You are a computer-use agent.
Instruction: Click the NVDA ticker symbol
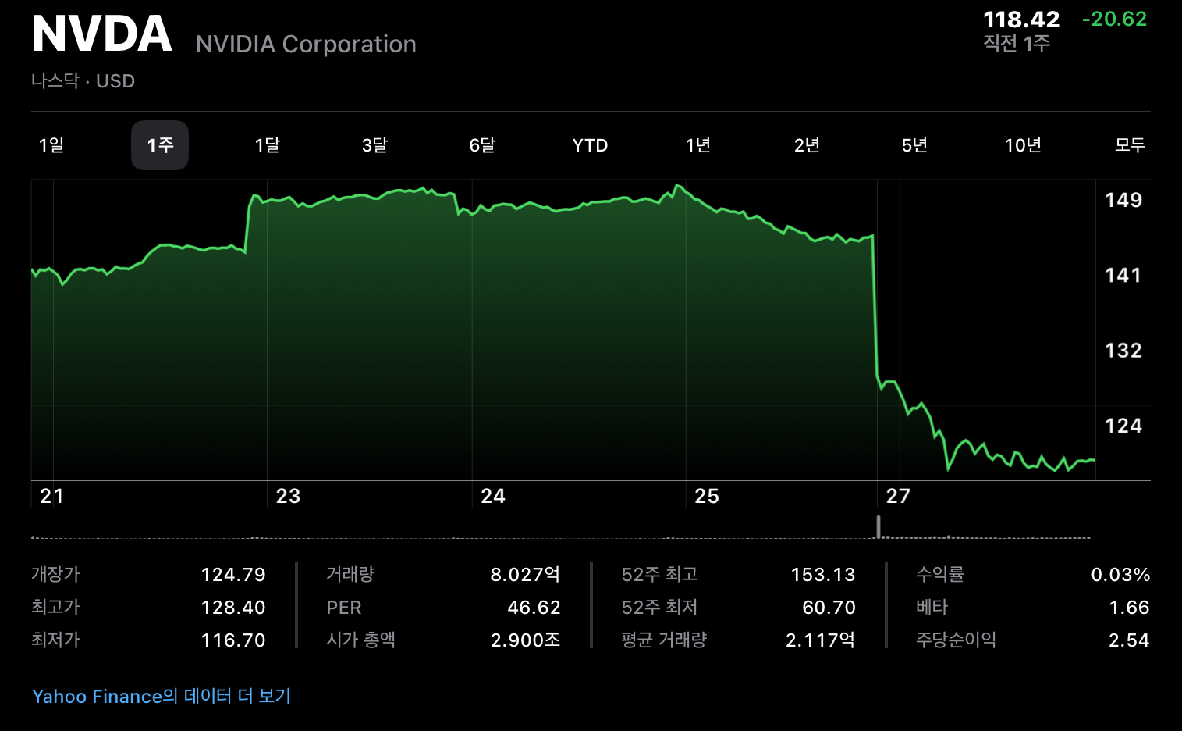click(101, 34)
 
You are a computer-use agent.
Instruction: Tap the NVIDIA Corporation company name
click(306, 45)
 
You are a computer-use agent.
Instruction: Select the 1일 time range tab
click(51, 145)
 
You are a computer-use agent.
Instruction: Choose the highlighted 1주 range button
click(160, 145)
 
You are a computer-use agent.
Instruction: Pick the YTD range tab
click(590, 145)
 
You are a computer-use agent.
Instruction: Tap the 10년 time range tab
click(1023, 145)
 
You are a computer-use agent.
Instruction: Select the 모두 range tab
click(1130, 145)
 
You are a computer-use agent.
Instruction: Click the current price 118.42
click(1021, 20)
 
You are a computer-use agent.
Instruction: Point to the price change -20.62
click(1114, 20)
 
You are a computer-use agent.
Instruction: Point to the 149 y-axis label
click(1123, 201)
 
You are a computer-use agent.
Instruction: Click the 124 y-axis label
click(1123, 426)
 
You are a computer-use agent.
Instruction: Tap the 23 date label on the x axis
click(288, 497)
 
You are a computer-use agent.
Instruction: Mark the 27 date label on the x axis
click(898, 497)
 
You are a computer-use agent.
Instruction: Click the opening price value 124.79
click(233, 575)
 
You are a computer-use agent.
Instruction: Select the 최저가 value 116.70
click(233, 640)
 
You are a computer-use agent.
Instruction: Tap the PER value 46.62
click(534, 608)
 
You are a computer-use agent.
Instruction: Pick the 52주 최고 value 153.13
click(823, 575)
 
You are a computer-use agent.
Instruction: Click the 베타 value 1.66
click(1129, 608)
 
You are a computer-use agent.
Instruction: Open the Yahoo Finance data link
click(162, 696)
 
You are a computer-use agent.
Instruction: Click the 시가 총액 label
click(360, 640)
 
